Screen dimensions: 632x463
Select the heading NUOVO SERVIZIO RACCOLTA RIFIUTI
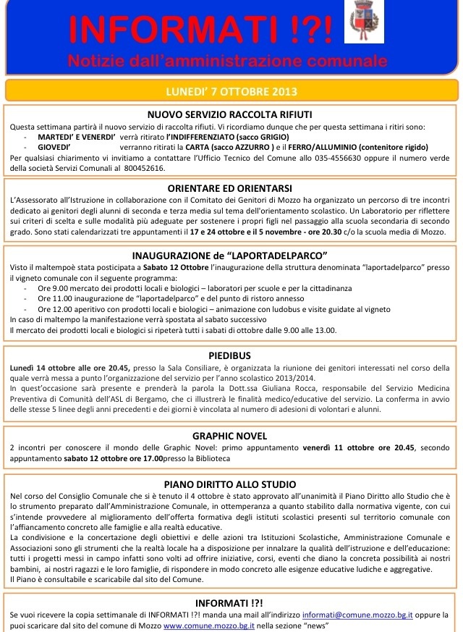tap(229, 115)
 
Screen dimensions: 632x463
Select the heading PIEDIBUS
tap(229, 356)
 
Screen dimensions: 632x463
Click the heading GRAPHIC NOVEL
tap(229, 436)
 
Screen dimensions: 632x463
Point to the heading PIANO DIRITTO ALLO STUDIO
tap(229, 484)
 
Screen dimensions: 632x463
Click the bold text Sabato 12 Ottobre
tap(161, 268)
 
